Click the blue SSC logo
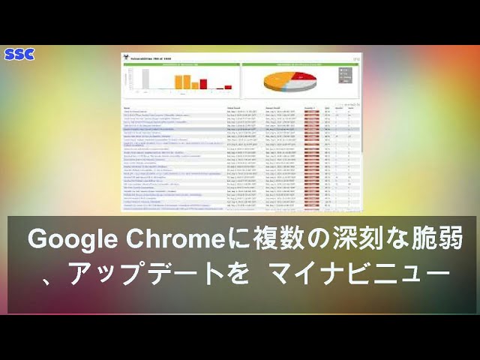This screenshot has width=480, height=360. coord(19,54)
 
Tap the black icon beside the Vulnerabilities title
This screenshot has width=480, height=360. coord(127,57)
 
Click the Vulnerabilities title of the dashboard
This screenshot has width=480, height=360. coord(154,57)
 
